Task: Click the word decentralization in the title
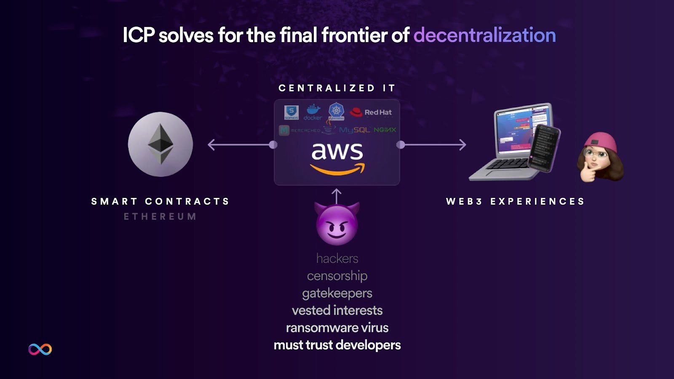(484, 35)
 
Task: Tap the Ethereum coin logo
(160, 144)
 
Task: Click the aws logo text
(337, 152)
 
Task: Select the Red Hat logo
(371, 112)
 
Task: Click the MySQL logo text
(355, 130)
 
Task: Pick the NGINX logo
(385, 130)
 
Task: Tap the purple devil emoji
(337, 224)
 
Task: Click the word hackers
(337, 258)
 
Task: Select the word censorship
(337, 276)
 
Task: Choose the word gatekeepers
(337, 293)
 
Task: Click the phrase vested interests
(337, 310)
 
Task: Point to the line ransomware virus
(337, 328)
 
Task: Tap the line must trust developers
(337, 345)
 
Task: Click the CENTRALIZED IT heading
(337, 88)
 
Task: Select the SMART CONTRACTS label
(160, 201)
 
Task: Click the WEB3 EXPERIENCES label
(516, 201)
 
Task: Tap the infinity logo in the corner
(40, 349)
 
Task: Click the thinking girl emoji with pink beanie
(600, 157)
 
